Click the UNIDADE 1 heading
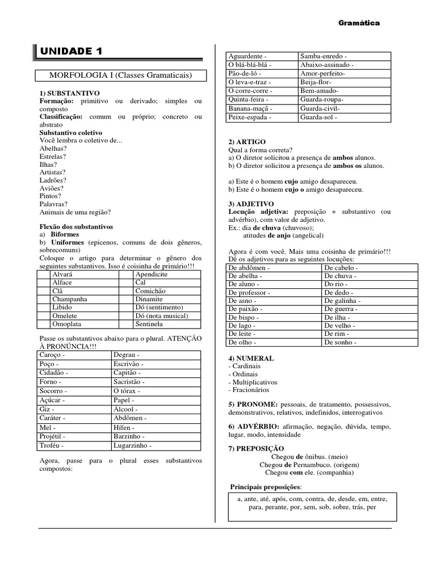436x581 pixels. click(71, 52)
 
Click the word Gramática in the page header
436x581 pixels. click(359, 23)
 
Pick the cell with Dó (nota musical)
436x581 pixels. click(161, 315)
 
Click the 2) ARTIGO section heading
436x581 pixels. click(247, 141)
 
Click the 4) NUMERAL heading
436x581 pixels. click(251, 359)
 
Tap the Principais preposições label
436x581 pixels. click(266, 487)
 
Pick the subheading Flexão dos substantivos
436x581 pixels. click(76, 226)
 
